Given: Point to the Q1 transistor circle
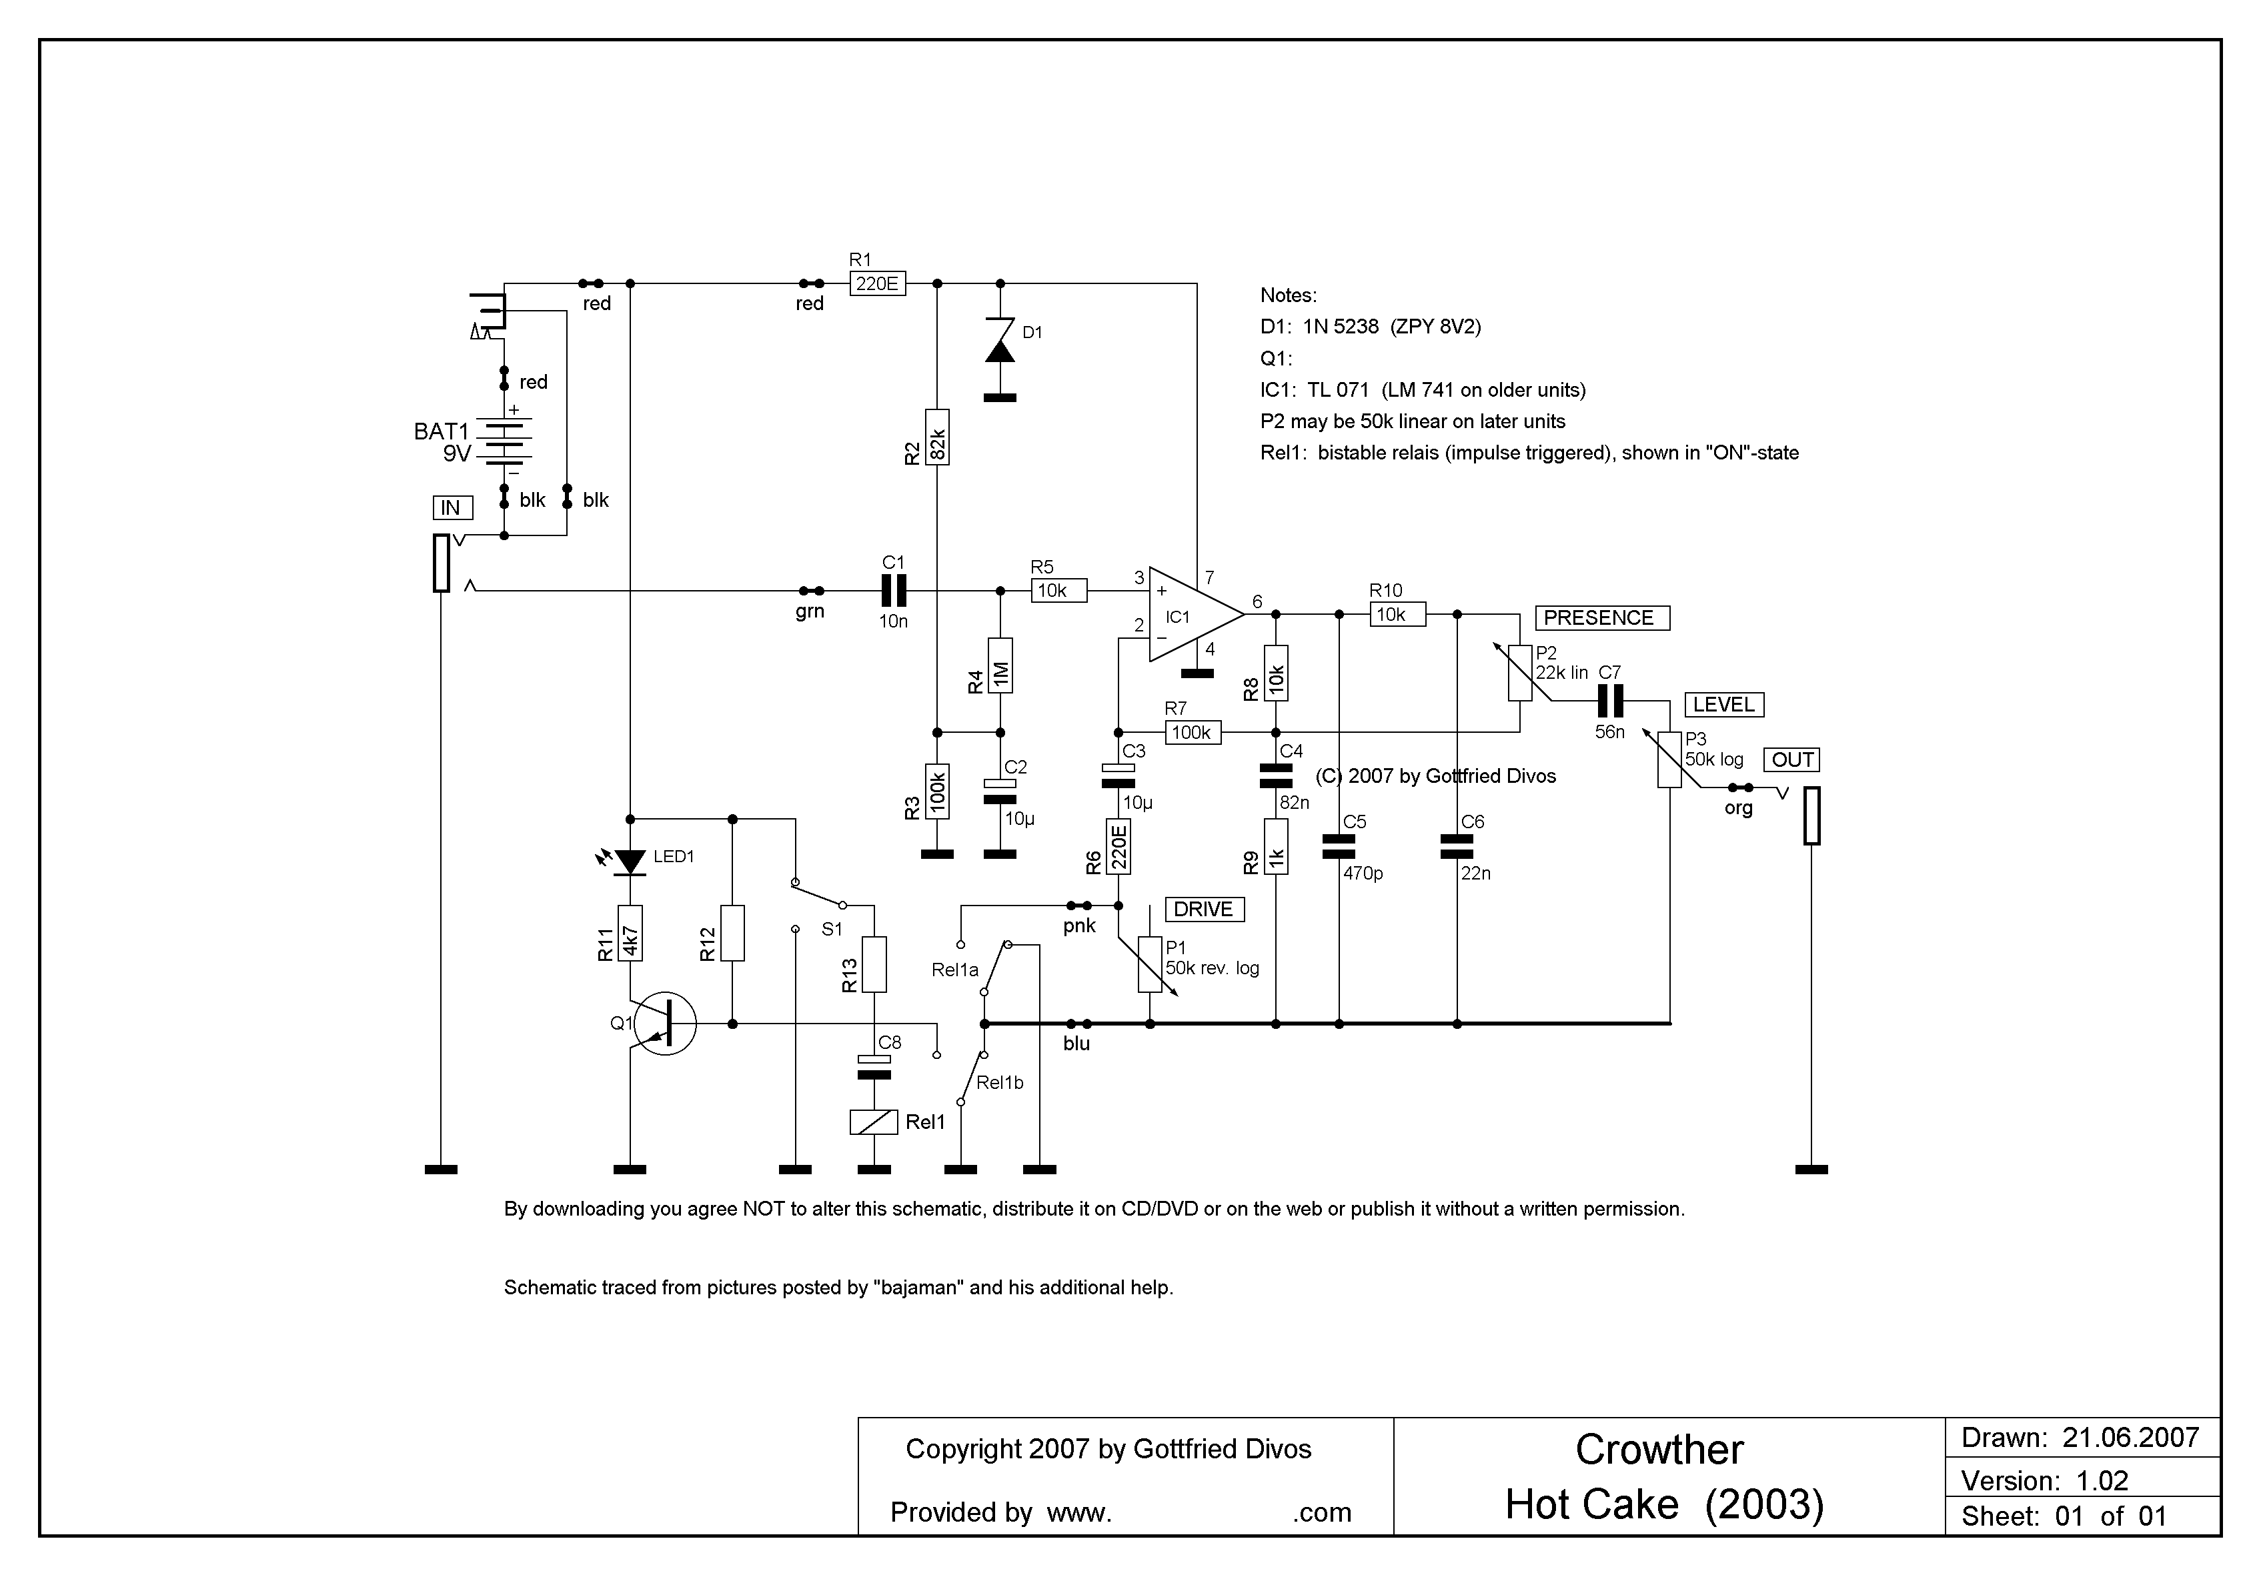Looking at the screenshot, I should (x=665, y=1024).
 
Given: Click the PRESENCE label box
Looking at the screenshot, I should (x=1602, y=618).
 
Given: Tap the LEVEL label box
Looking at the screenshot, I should (x=1724, y=705).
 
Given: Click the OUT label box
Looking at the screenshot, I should (x=1793, y=760).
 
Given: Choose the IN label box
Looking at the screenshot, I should (x=452, y=508).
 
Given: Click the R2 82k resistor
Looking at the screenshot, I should (x=938, y=437).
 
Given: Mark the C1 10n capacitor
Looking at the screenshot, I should (x=893, y=591).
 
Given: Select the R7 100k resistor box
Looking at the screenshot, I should (x=1193, y=732).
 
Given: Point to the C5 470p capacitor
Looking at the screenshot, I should (x=1339, y=847).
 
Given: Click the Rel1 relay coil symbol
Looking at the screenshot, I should (x=874, y=1122).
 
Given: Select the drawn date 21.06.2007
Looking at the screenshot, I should (x=2131, y=1438).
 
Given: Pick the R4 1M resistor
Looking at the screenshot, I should (x=1000, y=665).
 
